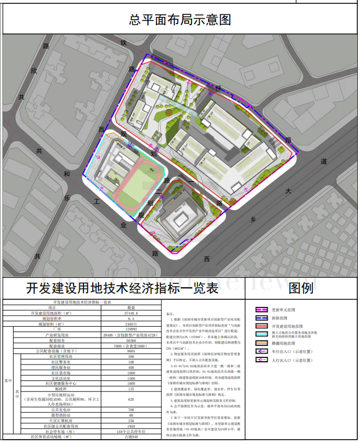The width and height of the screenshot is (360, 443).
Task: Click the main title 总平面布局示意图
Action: tap(179, 19)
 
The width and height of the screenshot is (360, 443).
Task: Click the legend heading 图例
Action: tap(301, 288)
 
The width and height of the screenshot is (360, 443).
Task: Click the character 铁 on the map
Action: tap(124, 42)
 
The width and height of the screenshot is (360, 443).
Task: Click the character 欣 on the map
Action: tap(33, 71)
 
